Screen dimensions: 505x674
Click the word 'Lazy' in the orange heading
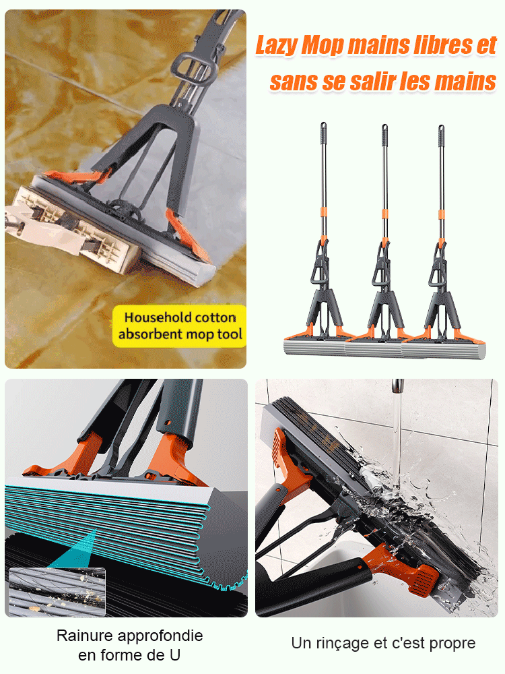point(275,46)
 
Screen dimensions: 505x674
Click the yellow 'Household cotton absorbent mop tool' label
point(179,326)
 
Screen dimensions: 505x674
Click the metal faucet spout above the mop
point(398,386)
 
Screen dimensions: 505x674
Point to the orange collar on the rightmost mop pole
point(441,214)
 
